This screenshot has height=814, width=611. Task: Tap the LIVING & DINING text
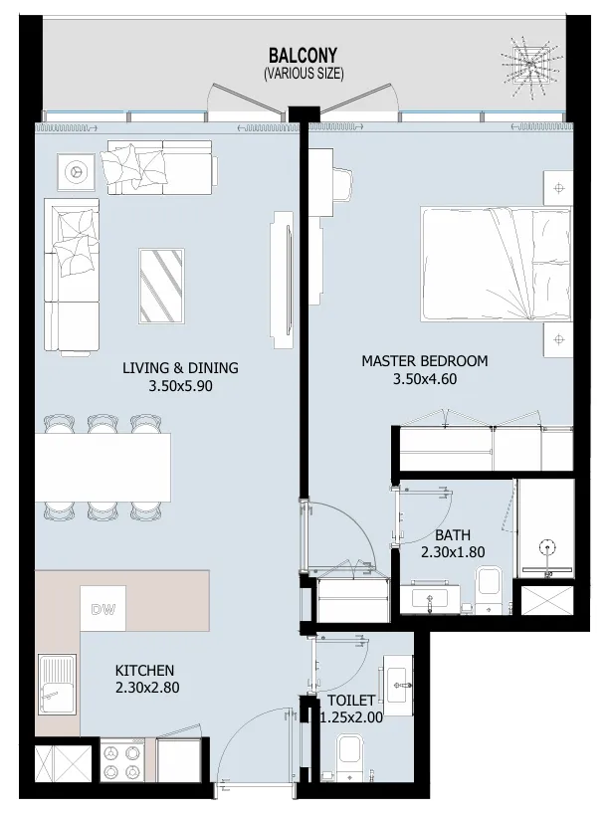(x=180, y=368)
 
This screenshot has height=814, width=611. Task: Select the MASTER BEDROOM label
(x=424, y=361)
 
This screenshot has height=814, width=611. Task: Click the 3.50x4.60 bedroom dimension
(x=424, y=378)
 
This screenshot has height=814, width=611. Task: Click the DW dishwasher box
(x=101, y=610)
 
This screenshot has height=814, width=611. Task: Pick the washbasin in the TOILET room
(x=400, y=681)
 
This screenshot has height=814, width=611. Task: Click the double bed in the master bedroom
(x=494, y=265)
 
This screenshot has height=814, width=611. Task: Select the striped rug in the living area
(x=160, y=286)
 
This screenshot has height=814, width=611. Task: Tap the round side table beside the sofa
(x=74, y=171)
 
